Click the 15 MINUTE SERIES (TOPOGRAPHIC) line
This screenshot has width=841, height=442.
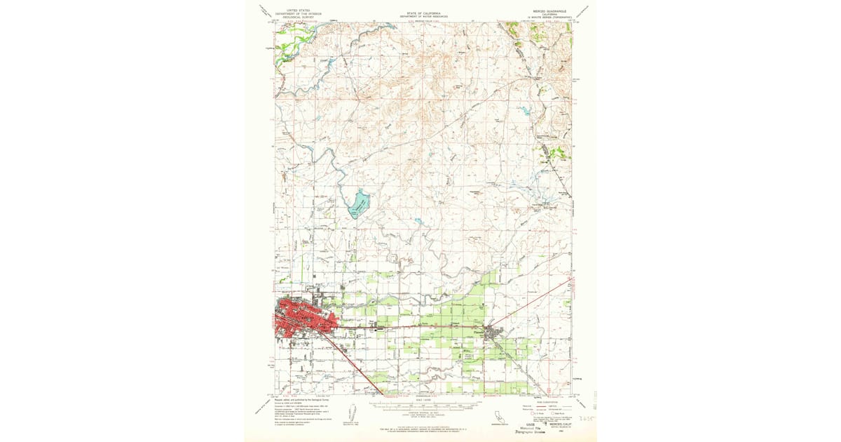pyautogui.click(x=549, y=17)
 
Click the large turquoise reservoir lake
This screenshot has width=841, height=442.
pyautogui.click(x=358, y=204)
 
